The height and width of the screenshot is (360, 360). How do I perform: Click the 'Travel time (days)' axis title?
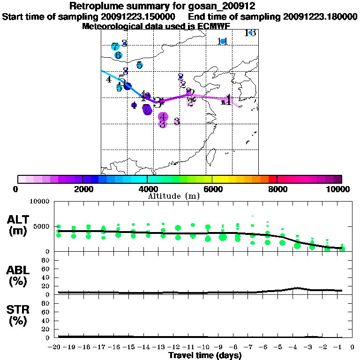tap(205, 356)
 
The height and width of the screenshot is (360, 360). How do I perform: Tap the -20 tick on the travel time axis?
tap(57, 347)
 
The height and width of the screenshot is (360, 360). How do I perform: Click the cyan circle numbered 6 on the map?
tap(118, 55)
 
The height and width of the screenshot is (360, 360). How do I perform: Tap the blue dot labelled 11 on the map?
tap(223, 42)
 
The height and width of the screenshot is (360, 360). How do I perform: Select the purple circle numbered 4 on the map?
tap(163, 117)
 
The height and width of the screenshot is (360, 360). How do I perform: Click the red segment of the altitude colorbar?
tap(272, 179)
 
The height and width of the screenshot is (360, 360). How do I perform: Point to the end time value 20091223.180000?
tap(321, 16)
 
